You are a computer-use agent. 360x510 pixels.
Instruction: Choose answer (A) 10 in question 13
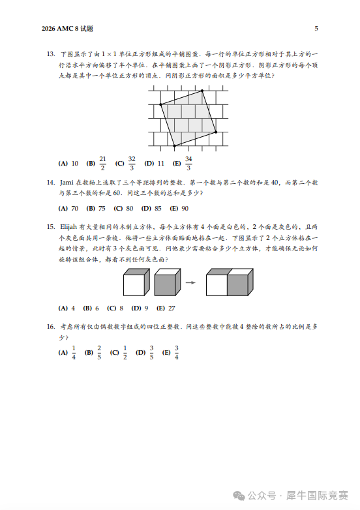68,163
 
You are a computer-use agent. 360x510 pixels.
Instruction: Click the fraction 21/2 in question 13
102,163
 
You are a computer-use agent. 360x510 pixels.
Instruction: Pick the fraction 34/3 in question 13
188,163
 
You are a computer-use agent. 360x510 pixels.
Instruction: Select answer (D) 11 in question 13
155,163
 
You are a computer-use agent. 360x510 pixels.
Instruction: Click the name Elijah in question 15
68,226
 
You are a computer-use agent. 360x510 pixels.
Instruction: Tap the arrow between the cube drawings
191,282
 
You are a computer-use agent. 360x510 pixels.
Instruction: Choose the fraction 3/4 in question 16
176,353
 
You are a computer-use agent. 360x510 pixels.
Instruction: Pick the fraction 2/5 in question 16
99,353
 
